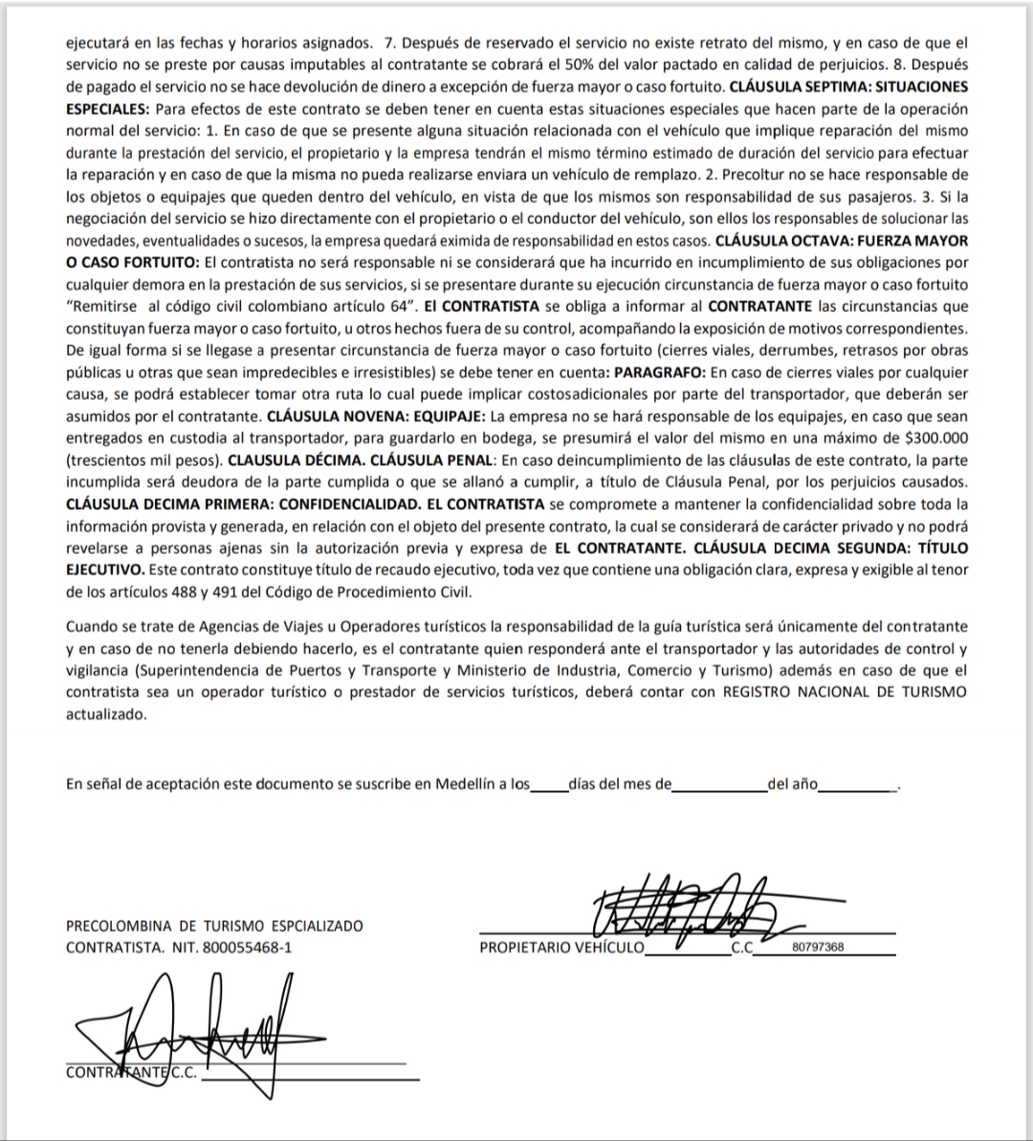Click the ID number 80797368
coord(818,948)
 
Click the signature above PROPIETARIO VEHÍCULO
coord(684,907)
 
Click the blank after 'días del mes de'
coord(719,785)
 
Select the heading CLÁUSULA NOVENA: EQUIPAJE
coord(376,416)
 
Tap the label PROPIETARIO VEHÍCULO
coord(561,948)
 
